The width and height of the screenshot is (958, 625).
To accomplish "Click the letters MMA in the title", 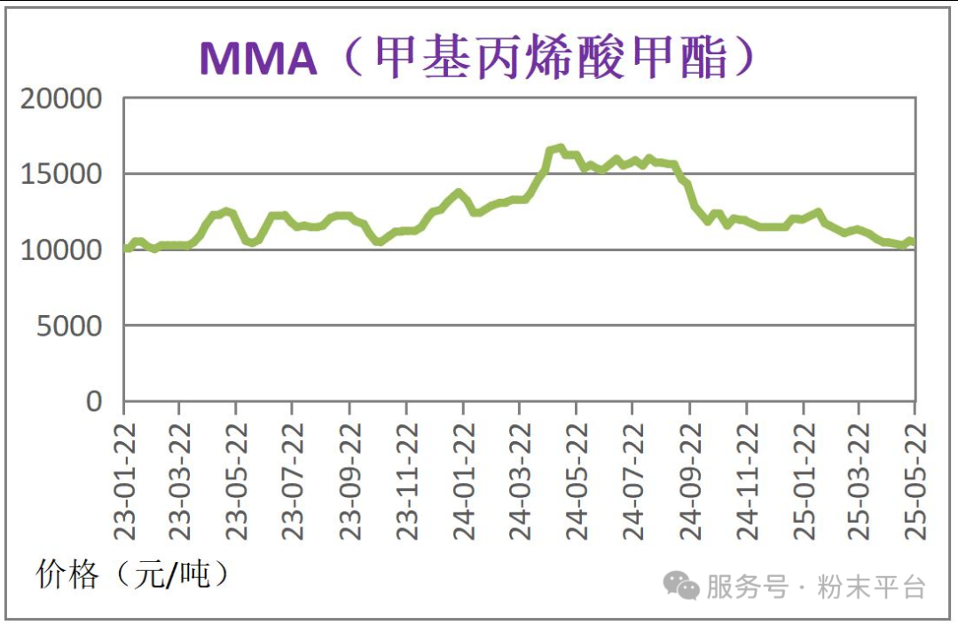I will click(258, 59).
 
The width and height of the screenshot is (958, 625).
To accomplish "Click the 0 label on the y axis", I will click(94, 401).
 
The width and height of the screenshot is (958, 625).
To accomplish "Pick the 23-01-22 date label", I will click(124, 479).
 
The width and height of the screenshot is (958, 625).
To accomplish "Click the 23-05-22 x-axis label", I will click(237, 479).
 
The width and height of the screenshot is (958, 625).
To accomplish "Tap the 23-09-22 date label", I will click(349, 479).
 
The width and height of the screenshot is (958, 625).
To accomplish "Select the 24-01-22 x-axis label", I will click(463, 479).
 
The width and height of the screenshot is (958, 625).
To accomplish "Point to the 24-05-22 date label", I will click(577, 479).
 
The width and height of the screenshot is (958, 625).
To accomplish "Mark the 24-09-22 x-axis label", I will click(690, 479).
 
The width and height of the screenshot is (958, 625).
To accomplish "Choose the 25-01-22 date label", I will click(804, 479).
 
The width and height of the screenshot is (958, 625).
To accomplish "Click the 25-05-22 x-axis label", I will click(915, 479).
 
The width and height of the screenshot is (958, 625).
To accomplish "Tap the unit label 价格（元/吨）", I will click(133, 574).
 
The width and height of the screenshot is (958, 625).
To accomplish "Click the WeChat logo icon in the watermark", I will click(682, 585).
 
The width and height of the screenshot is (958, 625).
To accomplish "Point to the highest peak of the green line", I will click(559, 147).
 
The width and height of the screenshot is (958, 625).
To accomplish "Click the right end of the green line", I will click(913, 242).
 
